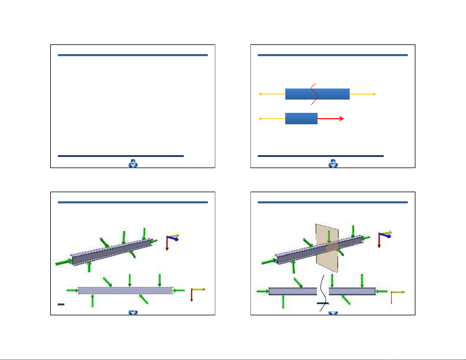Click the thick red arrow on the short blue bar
click(331, 119)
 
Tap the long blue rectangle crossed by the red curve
click(332, 94)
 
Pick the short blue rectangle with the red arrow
click(301, 119)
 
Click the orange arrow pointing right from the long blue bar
click(363, 94)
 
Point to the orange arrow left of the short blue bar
click(272, 119)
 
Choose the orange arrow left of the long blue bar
click(272, 94)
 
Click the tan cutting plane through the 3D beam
click(327, 259)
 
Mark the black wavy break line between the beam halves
click(323, 294)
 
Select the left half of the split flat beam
click(293, 291)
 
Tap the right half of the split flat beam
click(352, 291)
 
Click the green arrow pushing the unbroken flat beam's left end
click(72, 290)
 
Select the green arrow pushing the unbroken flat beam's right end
click(179, 290)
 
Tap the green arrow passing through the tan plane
click(329, 237)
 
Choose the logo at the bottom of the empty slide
click(133, 163)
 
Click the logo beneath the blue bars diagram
click(333, 163)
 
